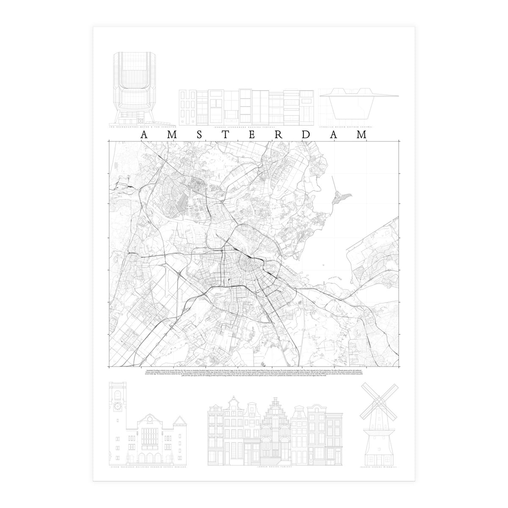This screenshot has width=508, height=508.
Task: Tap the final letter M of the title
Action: (361, 135)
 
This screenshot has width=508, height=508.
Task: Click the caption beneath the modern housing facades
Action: (247, 127)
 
